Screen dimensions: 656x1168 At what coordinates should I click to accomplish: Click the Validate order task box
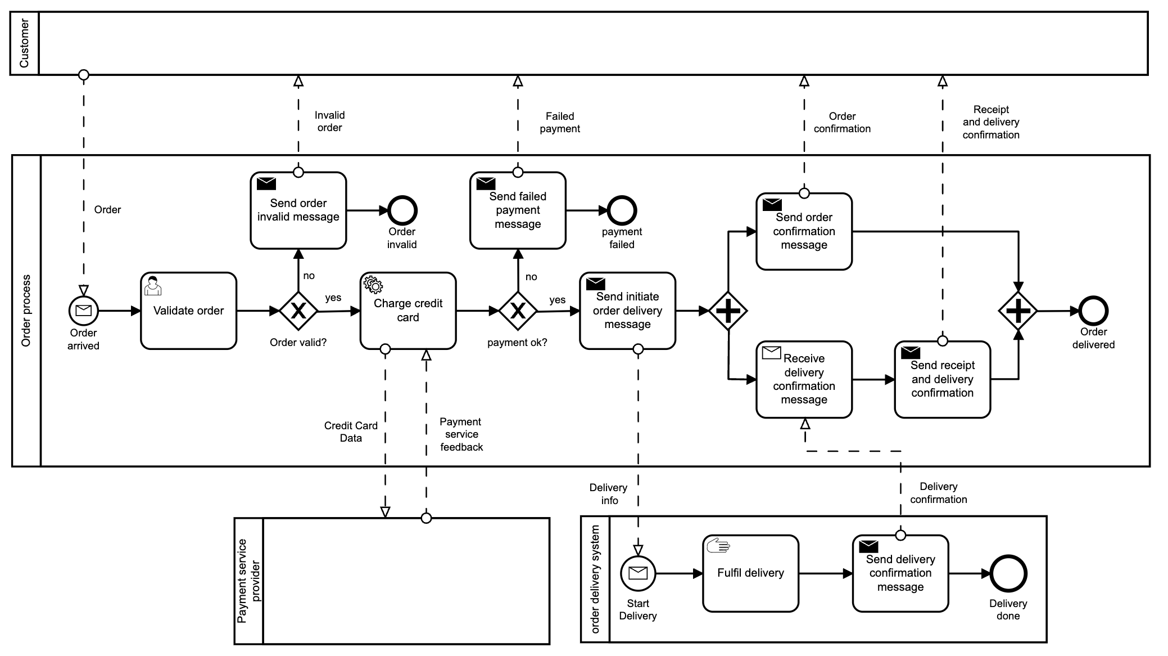coord(188,311)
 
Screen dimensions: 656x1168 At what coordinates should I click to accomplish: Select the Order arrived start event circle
coord(84,311)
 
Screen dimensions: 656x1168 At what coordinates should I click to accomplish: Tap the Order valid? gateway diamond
coord(298,311)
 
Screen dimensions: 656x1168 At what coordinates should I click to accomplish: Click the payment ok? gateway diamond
coord(518,311)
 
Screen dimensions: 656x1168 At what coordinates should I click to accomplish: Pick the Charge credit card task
coord(408,311)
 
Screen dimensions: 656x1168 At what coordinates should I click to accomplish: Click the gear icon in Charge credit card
coord(373,285)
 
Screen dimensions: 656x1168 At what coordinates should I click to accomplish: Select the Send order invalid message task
coord(298,210)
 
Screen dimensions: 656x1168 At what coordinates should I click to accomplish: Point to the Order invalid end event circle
coord(402,211)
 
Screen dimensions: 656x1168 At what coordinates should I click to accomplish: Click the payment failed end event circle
coord(622,211)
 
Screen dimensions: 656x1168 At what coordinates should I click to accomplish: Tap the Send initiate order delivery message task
coord(627,311)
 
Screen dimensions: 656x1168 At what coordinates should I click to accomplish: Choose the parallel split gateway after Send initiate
coord(728,311)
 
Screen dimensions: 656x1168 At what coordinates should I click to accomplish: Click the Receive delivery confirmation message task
coord(804,379)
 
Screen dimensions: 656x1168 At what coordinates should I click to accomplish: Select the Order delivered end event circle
coord(1093,311)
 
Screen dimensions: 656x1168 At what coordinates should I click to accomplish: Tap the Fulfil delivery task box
coord(750,573)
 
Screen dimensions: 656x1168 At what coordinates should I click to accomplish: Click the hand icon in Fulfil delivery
coord(718,545)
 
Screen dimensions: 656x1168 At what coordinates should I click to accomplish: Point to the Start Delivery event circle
coord(638,573)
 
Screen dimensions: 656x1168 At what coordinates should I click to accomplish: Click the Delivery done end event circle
coord(1008,573)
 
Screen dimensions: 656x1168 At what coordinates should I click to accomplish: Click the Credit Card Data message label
coord(351,432)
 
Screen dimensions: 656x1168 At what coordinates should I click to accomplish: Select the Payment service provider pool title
coord(249,581)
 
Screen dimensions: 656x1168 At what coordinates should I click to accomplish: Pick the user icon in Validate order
coord(152,286)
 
